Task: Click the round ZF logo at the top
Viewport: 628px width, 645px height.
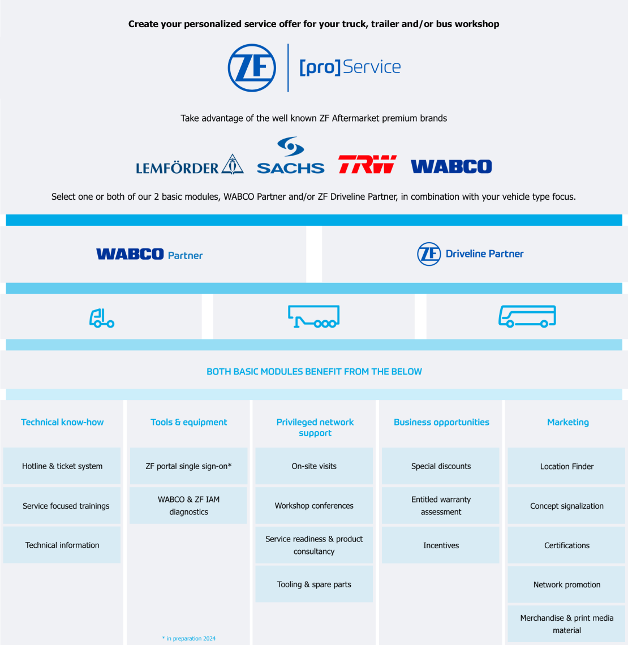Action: tap(252, 68)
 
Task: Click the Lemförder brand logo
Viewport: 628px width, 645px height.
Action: tap(190, 165)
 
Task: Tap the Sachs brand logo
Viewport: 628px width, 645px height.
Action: tap(290, 156)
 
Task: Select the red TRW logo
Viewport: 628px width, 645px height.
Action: tap(367, 165)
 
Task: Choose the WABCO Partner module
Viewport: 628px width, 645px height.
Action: tap(150, 255)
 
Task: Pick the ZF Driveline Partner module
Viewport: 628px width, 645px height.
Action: tap(471, 254)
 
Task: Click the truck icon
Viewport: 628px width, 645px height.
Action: tap(102, 318)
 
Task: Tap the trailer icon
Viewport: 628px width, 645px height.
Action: tap(314, 317)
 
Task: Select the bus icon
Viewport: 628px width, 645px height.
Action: tap(527, 317)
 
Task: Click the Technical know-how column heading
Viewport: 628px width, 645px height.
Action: tap(62, 422)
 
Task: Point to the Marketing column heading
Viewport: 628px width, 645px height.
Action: tap(568, 422)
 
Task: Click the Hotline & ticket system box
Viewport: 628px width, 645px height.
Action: tap(62, 466)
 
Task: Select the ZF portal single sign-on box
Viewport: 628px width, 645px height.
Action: tap(188, 466)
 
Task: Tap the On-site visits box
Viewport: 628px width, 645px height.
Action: tap(314, 466)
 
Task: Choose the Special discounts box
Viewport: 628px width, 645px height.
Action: tap(441, 466)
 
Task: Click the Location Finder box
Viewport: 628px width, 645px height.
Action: tap(567, 467)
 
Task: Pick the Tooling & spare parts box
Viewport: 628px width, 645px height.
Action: tap(314, 584)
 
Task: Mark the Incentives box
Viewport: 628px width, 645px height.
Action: tap(441, 545)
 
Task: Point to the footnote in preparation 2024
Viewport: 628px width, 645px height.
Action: tap(189, 638)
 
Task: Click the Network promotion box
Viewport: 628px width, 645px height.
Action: tap(567, 584)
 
